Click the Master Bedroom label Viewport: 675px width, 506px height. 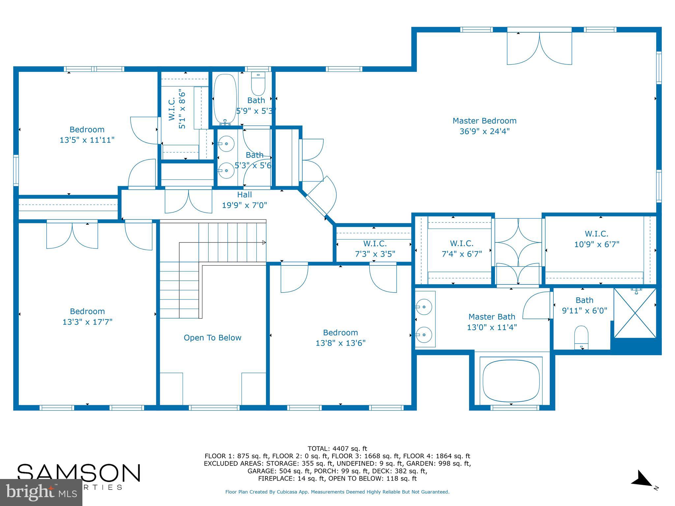coord(484,121)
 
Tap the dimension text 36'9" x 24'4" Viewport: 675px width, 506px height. coord(484,131)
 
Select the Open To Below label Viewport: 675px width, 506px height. coord(212,338)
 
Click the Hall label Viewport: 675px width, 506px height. coord(244,195)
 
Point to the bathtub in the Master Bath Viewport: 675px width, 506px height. coord(511,380)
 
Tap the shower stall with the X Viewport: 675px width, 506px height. coord(635,313)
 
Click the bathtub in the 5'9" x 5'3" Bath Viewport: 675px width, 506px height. coord(225,99)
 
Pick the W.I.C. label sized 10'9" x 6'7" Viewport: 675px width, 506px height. coord(596,234)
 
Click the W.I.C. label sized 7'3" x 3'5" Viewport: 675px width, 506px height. coord(375,244)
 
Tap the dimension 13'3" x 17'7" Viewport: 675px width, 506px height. coord(87,322)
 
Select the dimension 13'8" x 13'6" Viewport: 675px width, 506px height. coord(340,343)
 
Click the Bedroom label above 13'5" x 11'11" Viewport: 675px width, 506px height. coord(87,129)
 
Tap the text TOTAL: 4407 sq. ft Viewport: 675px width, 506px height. coord(337,448)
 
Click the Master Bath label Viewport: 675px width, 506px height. coord(491,317)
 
